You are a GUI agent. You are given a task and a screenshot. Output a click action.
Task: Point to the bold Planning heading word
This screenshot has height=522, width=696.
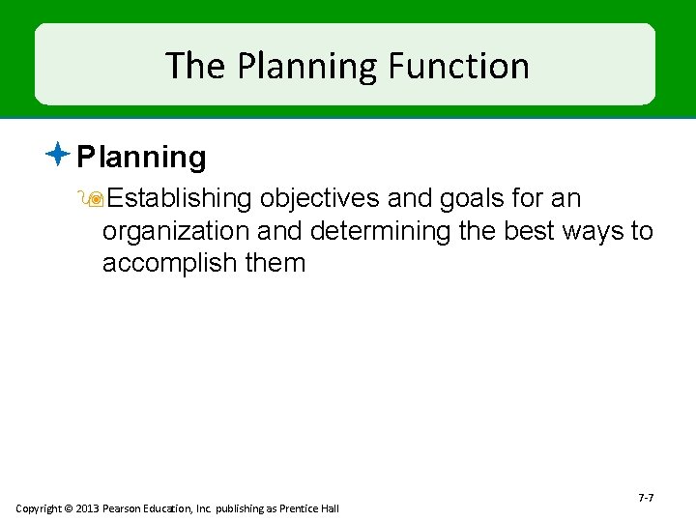pos(142,157)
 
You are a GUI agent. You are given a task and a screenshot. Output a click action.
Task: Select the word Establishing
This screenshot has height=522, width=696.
pos(180,199)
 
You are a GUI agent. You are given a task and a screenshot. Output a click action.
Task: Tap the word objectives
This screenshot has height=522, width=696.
pos(319,199)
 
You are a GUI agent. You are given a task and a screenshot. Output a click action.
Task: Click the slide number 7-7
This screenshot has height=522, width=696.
pos(646,498)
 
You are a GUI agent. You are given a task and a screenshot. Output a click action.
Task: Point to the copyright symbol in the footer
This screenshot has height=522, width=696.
pos(69,508)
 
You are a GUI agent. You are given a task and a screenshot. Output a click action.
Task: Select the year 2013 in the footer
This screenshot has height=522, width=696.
pos(88,508)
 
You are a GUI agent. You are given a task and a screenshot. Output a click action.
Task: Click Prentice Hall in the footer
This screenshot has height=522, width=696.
pos(310,508)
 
